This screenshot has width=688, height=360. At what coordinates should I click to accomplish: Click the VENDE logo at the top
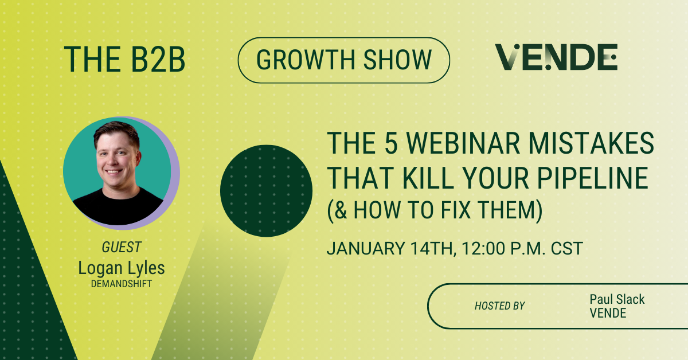(x=556, y=57)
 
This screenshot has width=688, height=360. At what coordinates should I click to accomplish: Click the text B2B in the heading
(x=154, y=58)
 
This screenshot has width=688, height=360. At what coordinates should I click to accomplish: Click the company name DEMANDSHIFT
(x=121, y=283)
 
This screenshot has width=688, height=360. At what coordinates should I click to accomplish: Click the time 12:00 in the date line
(x=480, y=249)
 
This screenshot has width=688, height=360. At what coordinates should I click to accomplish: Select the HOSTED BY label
(x=499, y=306)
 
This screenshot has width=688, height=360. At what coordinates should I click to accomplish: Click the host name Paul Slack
(x=617, y=299)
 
